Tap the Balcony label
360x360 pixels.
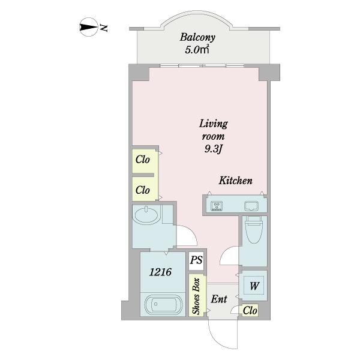(x=197, y=37)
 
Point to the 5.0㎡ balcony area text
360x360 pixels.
(x=197, y=50)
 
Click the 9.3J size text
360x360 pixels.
(x=213, y=149)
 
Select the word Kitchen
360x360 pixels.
(x=236, y=181)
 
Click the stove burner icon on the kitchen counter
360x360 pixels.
(x=217, y=206)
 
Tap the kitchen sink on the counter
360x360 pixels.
(x=251, y=206)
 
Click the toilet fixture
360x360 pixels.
(x=253, y=230)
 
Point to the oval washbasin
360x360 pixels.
(x=146, y=215)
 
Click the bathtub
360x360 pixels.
(x=163, y=304)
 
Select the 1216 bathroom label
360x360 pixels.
(x=160, y=272)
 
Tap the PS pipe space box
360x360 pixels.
(x=196, y=260)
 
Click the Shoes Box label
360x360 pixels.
(x=196, y=296)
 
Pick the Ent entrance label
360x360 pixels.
(x=219, y=299)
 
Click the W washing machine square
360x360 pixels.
(x=254, y=286)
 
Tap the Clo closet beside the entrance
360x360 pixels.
(x=250, y=311)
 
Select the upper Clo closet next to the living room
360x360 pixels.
(x=143, y=160)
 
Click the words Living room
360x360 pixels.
(x=213, y=130)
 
